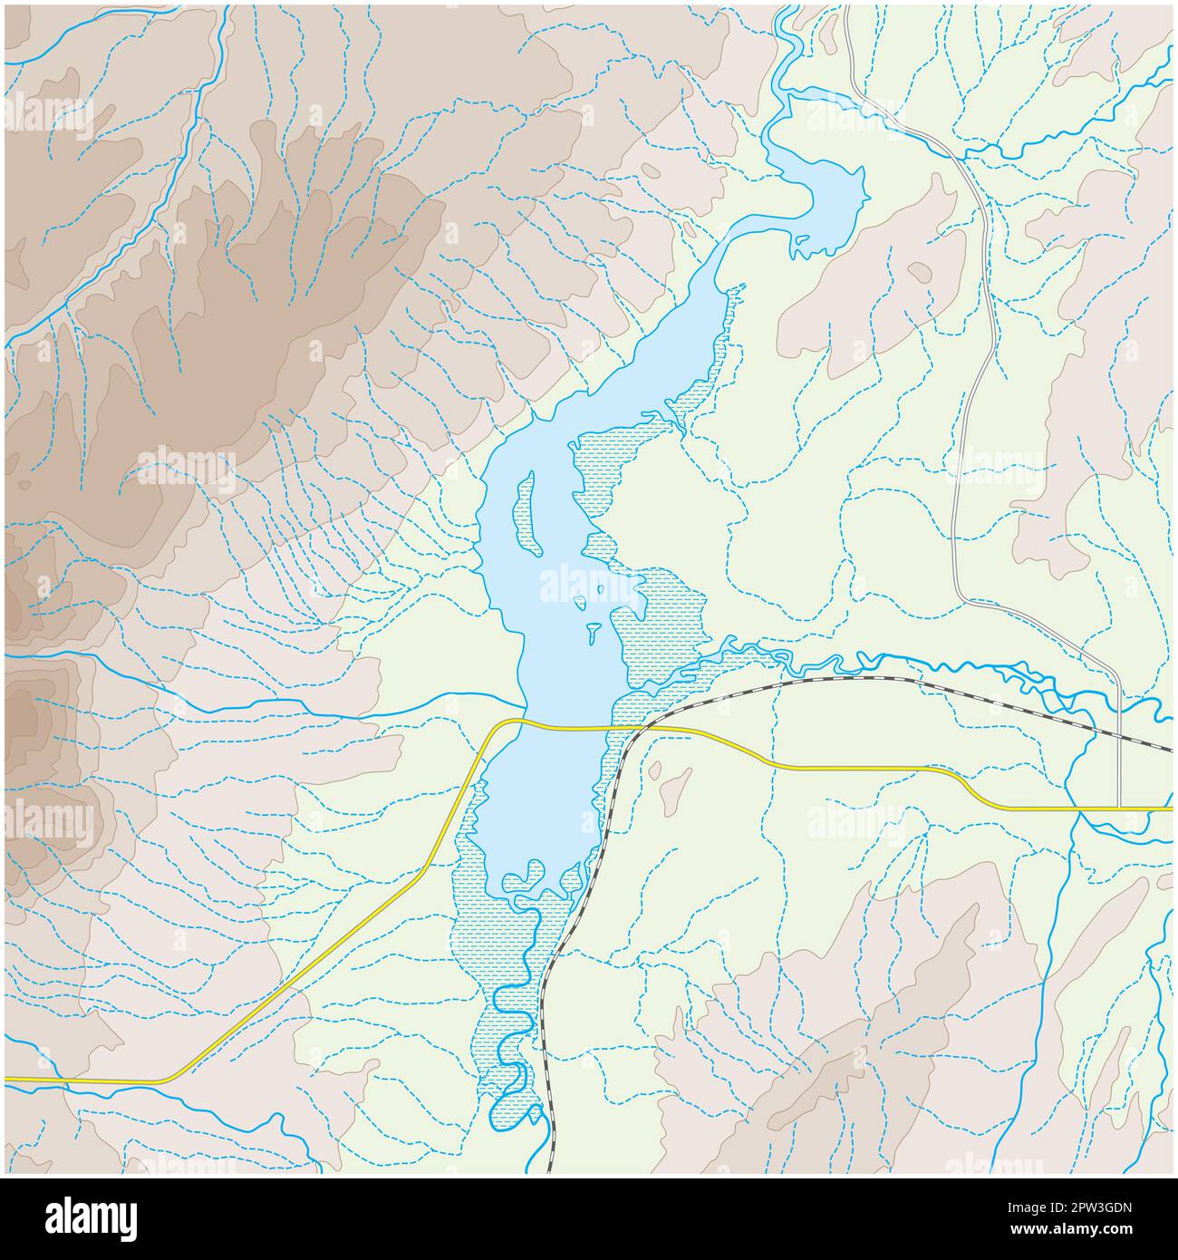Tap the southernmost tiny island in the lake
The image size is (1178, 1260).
[594, 631]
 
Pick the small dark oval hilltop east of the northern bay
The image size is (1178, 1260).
[919, 269]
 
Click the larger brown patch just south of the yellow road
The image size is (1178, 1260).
[674, 790]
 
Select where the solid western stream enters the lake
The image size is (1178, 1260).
[523, 701]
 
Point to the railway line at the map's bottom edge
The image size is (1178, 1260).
[550, 1169]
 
